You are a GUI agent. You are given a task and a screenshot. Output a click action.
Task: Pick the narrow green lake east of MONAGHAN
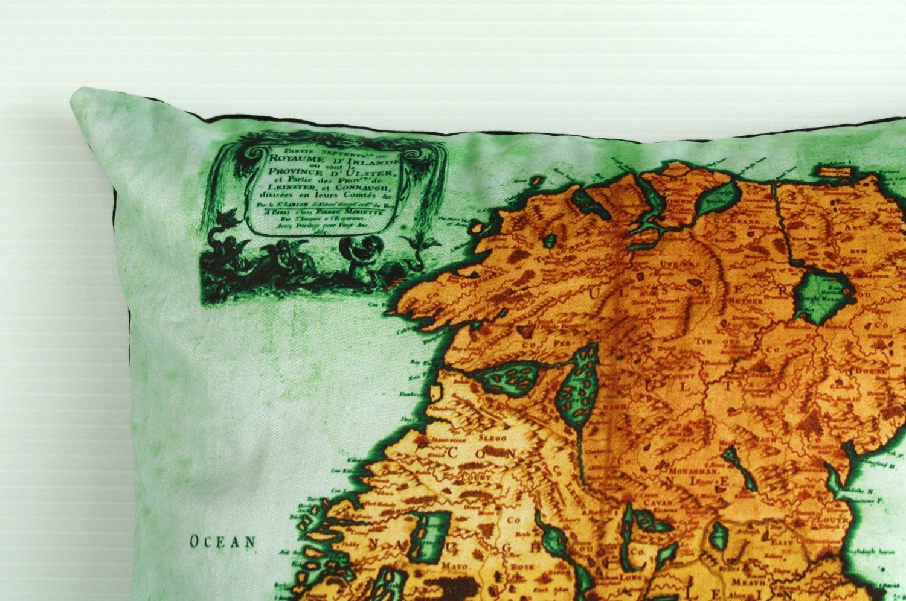741,468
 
